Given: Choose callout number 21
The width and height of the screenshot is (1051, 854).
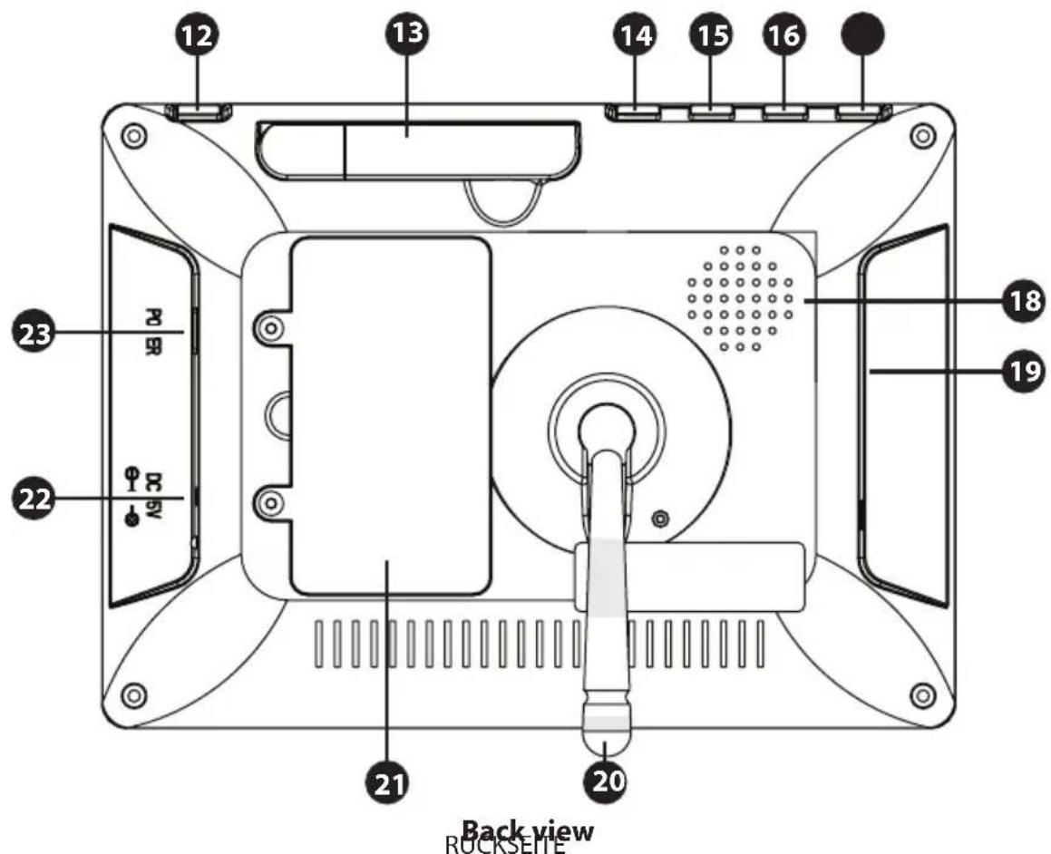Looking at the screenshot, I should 387,780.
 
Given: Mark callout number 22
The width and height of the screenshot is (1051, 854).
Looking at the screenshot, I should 34,498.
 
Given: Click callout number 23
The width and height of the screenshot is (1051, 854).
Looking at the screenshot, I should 34,333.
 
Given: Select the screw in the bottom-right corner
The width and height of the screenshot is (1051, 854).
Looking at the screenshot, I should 922,695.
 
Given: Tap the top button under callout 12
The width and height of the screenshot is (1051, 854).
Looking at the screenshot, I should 199,112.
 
